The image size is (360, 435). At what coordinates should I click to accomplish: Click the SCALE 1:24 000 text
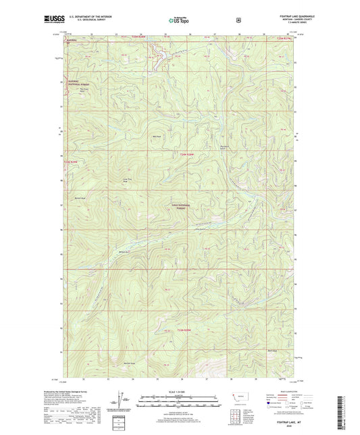click(179, 391)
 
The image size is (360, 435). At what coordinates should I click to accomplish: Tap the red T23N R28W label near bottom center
click(194, 330)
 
